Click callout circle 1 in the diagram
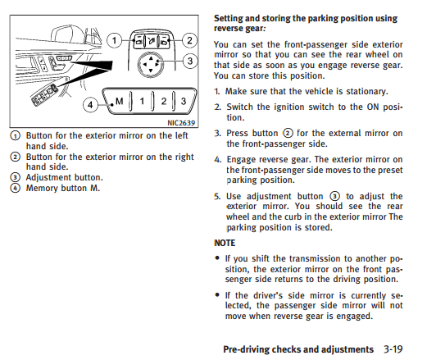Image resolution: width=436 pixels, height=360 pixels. point(114,41)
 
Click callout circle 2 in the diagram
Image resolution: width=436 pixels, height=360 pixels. point(189,40)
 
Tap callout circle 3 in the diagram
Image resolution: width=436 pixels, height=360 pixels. point(190,61)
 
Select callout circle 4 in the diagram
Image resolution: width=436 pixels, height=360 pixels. point(90,105)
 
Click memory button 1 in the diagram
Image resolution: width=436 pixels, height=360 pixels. point(142,101)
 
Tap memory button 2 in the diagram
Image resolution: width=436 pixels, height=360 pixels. point(164,101)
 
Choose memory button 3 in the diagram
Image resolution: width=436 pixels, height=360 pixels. point(184,101)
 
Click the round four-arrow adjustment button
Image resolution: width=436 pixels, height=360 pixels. point(151,65)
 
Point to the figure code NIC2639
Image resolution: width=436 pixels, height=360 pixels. point(181,123)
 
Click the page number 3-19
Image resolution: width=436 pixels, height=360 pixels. point(393,349)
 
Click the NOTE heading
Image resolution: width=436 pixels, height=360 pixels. point(225,243)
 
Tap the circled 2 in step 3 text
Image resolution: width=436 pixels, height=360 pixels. point(288,133)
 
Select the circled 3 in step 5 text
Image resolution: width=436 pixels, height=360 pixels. point(334,196)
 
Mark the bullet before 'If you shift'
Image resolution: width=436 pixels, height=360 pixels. point(217,258)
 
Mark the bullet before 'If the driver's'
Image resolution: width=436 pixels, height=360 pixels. point(217,294)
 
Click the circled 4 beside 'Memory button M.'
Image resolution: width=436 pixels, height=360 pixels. point(15,188)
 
